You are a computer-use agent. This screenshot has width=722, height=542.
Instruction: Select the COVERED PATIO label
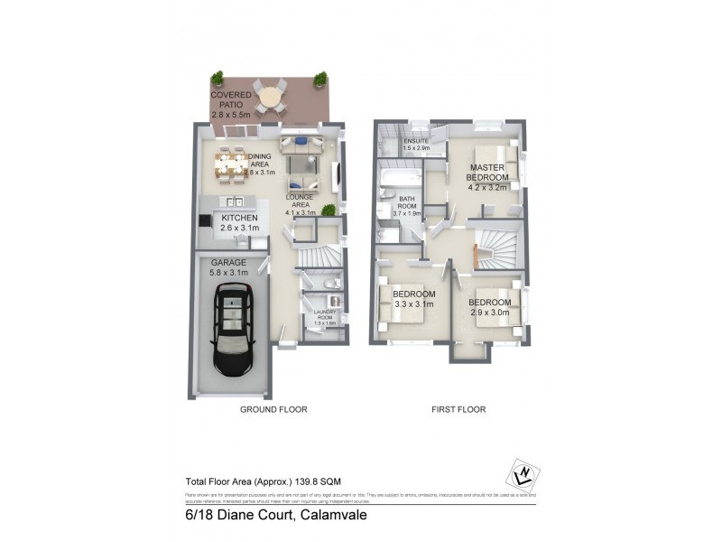pos(233,105)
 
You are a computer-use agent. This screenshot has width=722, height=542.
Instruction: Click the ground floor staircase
pos(319,257)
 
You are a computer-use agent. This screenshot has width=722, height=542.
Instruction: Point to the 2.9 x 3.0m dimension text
pos(490,313)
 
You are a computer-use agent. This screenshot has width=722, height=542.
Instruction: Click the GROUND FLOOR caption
pos(273,409)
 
